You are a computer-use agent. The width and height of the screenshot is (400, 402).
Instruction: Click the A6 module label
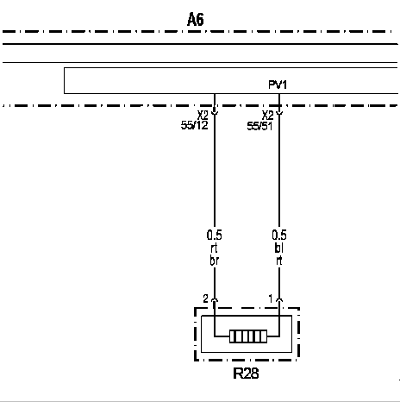click(x=196, y=20)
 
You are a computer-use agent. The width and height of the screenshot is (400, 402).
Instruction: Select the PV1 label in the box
click(x=278, y=85)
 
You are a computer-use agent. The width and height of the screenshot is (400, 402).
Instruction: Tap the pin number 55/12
click(x=194, y=125)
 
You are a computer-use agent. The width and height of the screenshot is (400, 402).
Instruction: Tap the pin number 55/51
click(x=259, y=126)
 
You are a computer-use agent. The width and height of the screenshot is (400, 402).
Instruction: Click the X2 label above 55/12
click(x=203, y=116)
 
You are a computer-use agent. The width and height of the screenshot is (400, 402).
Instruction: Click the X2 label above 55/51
click(x=267, y=116)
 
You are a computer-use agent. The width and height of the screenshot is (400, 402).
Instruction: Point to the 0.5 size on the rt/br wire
click(x=215, y=236)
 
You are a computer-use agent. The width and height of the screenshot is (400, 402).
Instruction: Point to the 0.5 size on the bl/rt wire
click(x=279, y=236)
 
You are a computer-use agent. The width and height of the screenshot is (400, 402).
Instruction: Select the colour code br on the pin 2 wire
click(x=215, y=261)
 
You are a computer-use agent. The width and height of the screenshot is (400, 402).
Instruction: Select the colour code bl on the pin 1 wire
click(x=278, y=248)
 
